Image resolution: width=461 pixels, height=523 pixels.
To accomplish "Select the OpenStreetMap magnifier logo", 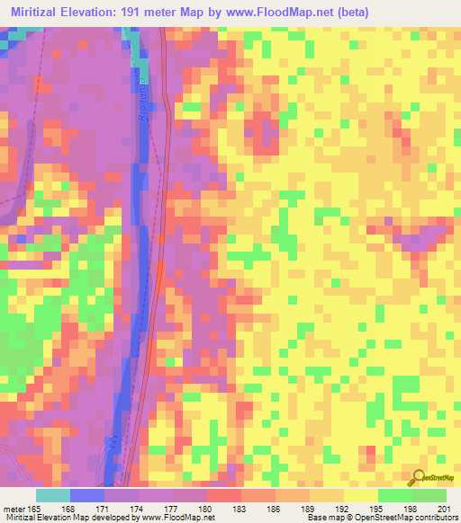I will pyautogui.click(x=419, y=478).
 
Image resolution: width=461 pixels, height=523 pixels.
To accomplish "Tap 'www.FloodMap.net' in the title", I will pyautogui.click(x=280, y=11).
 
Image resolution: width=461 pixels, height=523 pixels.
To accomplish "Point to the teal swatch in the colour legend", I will pyautogui.click(x=52, y=494).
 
